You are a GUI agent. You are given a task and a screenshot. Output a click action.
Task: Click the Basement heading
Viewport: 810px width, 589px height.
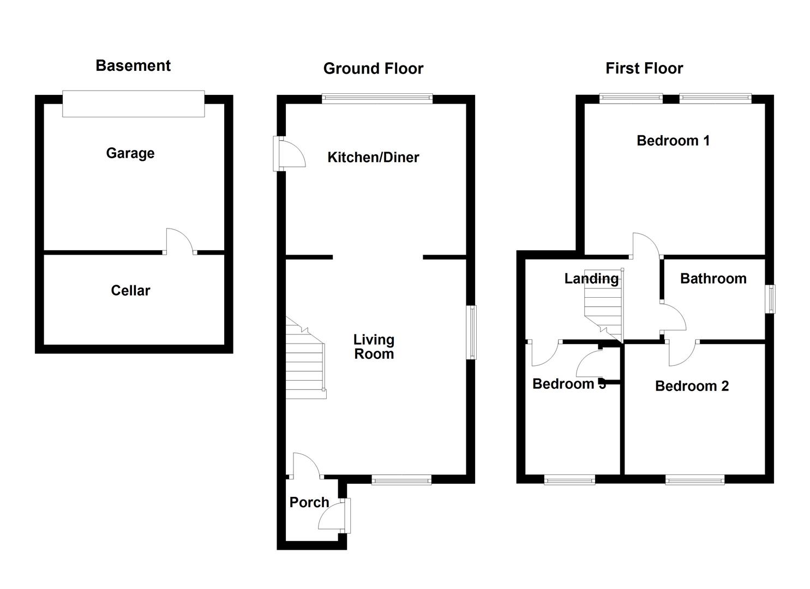click(x=133, y=65)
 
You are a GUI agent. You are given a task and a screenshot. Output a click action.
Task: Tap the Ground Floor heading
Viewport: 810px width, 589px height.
click(x=373, y=68)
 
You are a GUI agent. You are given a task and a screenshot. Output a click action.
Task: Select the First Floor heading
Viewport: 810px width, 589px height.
click(x=644, y=68)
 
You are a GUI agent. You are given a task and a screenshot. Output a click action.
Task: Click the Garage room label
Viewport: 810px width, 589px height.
click(x=130, y=153)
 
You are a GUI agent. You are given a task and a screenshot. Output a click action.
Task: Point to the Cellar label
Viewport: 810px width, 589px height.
click(x=130, y=290)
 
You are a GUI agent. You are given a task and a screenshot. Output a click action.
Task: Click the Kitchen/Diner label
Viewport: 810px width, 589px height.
click(x=373, y=158)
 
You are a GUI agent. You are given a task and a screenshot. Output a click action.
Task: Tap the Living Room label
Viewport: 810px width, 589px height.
click(x=374, y=347)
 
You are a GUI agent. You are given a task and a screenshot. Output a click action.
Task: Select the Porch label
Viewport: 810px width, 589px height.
click(x=309, y=502)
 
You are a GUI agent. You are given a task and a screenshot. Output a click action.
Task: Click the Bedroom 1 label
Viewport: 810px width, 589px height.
click(x=673, y=141)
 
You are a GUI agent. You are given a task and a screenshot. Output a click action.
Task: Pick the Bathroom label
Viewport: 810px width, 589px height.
click(x=713, y=279)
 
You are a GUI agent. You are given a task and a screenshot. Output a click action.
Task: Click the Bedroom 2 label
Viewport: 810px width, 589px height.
click(x=692, y=386)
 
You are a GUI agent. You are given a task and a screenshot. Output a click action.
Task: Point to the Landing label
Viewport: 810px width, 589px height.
click(x=591, y=279)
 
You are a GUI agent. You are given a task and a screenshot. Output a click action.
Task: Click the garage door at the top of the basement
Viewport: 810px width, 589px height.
click(x=134, y=104)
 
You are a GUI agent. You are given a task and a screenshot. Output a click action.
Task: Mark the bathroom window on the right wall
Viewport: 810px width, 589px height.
click(x=770, y=299)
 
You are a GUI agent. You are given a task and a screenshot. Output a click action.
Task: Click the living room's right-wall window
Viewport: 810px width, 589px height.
click(x=471, y=332)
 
